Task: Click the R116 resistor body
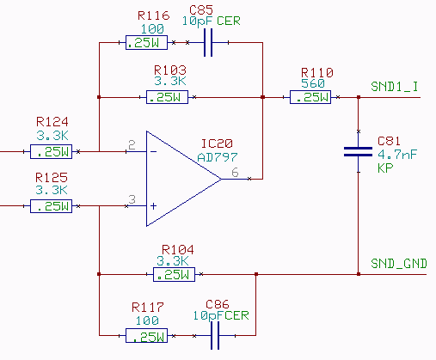(x=146, y=43)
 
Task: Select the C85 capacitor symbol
(x=208, y=43)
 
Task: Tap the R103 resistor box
(x=167, y=97)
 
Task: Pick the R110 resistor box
(x=310, y=97)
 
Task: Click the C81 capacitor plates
(x=358, y=152)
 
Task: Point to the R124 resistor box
(x=51, y=151)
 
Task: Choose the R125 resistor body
(x=51, y=206)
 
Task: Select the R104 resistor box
(x=174, y=274)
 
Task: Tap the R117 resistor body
(x=146, y=335)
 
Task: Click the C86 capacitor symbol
(x=215, y=335)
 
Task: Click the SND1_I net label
(x=395, y=86)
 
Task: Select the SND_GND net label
(x=399, y=263)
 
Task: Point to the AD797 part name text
(x=218, y=157)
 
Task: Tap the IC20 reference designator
(x=217, y=143)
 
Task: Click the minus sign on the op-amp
(x=154, y=151)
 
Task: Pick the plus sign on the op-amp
(x=154, y=206)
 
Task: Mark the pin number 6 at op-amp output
(x=235, y=173)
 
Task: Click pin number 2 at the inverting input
(x=132, y=145)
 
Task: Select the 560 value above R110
(x=313, y=83)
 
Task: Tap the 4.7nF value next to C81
(x=397, y=155)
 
